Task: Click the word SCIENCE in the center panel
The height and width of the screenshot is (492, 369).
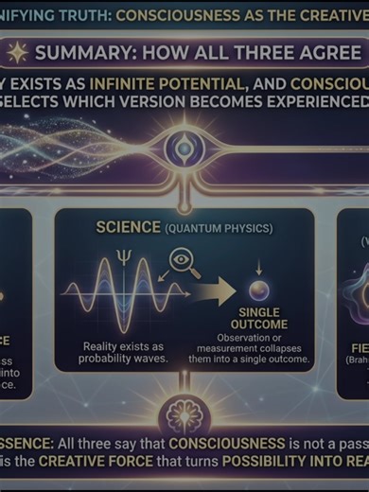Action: coord(130,228)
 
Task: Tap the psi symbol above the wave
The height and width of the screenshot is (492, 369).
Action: coord(120,255)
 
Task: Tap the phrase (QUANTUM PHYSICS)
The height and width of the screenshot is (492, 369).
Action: coord(218,229)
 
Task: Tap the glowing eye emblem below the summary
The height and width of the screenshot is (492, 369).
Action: coord(181,147)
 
